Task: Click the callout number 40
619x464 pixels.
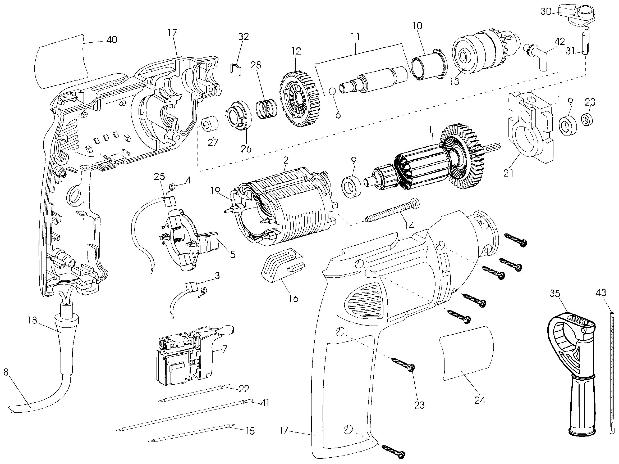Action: click(112, 40)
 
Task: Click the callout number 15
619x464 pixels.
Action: click(250, 431)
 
